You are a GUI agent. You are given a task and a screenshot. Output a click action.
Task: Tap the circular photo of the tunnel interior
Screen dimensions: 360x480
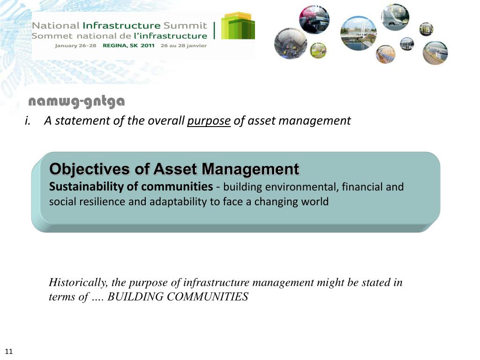point(290,44)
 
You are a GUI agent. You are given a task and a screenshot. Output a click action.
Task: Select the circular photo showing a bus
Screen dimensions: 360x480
point(406,44)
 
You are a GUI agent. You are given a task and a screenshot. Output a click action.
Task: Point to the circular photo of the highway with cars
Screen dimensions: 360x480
point(395,17)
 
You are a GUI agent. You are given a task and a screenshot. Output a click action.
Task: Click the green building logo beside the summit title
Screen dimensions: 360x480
point(238,26)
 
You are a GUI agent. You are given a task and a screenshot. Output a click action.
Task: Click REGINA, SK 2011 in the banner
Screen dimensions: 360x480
point(128,46)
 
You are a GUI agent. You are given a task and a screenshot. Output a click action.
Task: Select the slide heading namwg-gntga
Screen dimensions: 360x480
point(76,101)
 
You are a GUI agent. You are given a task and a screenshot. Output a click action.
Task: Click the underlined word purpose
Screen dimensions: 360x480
point(209,121)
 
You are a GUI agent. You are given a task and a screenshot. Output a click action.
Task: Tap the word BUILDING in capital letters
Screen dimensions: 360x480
point(128,297)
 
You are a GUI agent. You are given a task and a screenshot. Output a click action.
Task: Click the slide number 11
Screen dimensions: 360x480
point(9,352)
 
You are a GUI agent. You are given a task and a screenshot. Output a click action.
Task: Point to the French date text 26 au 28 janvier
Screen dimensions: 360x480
point(183,46)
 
